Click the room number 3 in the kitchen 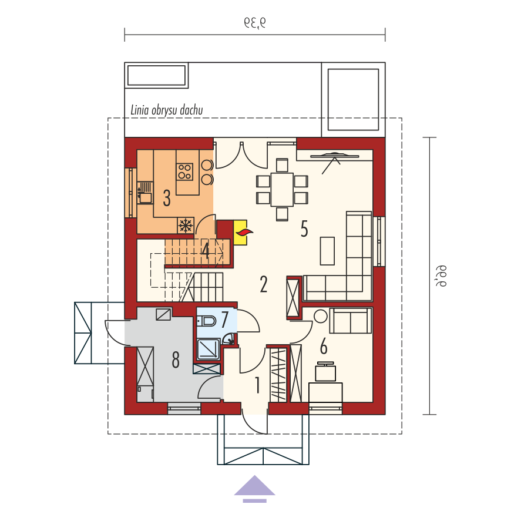click(167, 198)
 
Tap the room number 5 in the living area click(304, 229)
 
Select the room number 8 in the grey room click(176, 359)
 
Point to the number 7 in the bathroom click(224, 319)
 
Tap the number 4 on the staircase click(206, 251)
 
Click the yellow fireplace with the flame click(241, 232)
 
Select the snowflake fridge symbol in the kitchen click(186, 226)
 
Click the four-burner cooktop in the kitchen click(184, 172)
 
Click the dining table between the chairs click(282, 189)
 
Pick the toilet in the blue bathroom click(206, 321)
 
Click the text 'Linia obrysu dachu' click(166, 110)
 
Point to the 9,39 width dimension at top click(255, 22)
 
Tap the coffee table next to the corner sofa click(327, 251)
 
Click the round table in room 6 click(321, 317)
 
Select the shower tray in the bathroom click(209, 349)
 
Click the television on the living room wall click(335, 155)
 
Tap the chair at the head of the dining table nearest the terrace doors click(282, 165)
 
